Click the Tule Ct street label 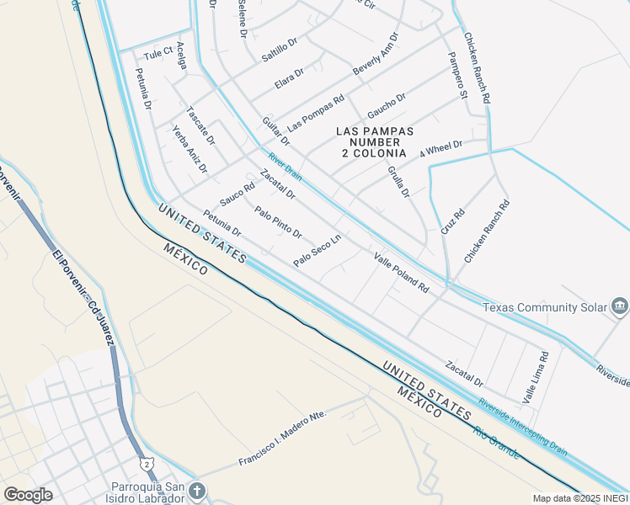pyautogui.click(x=157, y=54)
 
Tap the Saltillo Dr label pyautogui.click(x=280, y=49)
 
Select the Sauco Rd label pyautogui.click(x=237, y=195)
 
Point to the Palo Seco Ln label pyautogui.click(x=317, y=251)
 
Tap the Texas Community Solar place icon pyautogui.click(x=620, y=306)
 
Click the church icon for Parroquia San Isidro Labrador pyautogui.click(x=195, y=490)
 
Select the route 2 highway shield pyautogui.click(x=148, y=464)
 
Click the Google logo pyautogui.click(x=28, y=495)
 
